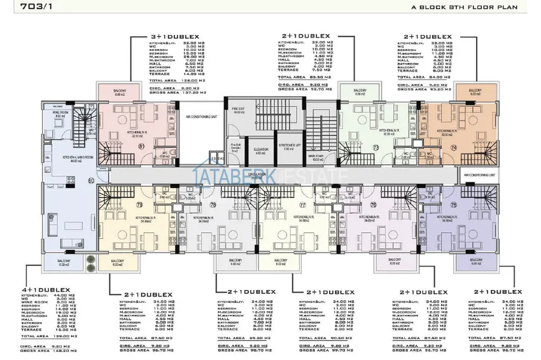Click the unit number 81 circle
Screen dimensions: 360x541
(141, 147)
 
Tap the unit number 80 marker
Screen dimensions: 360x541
(91, 182)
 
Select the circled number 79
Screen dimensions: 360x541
(139, 204)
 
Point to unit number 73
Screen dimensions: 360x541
(376, 147)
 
